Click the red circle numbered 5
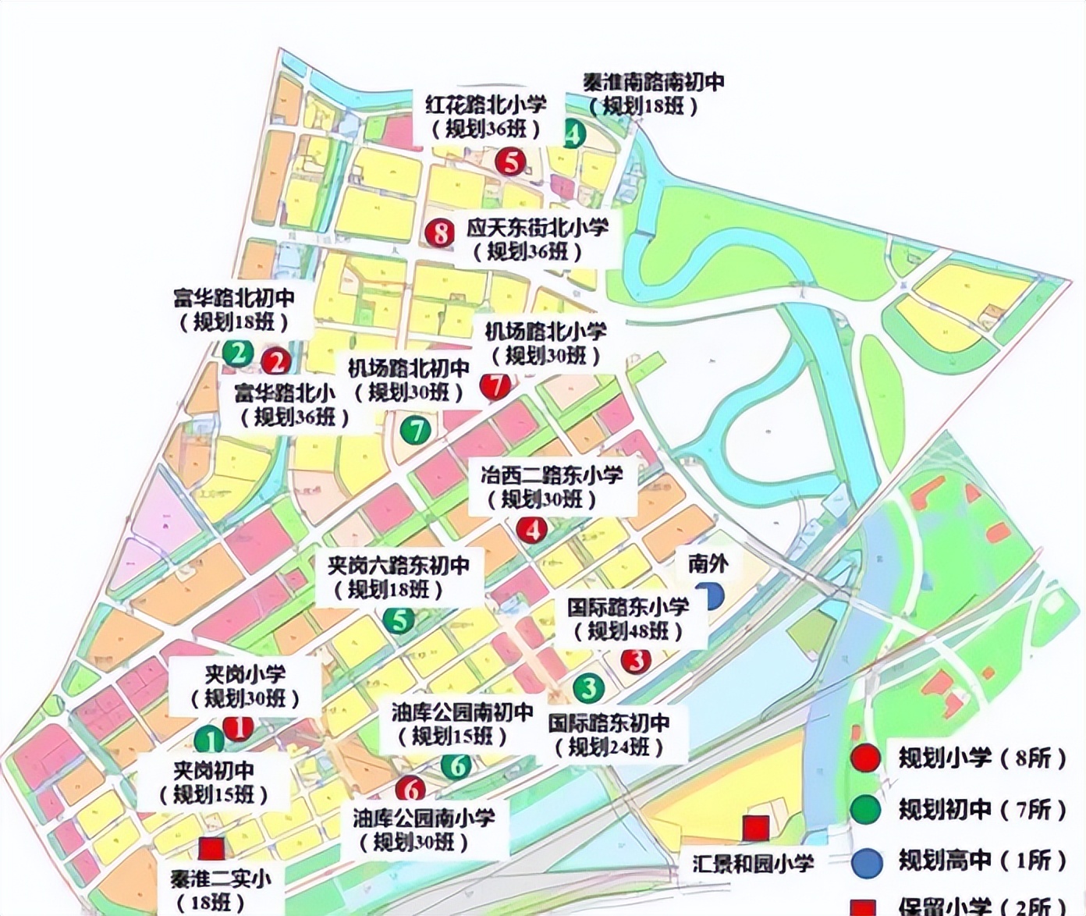[511, 162]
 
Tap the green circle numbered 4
[574, 134]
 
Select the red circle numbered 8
[441, 232]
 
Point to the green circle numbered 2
[238, 353]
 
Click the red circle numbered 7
[495, 385]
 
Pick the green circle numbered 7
[416, 429]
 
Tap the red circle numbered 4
[532, 531]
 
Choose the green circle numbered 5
[399, 620]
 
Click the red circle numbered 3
[636, 661]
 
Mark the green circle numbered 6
[457, 765]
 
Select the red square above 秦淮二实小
[211, 848]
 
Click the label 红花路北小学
[485, 105]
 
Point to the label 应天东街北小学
[538, 228]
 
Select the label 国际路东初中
[609, 723]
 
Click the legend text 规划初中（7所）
[981, 809]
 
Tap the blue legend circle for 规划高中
[867, 862]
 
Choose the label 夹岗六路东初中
[398, 565]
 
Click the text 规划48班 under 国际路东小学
[628, 631]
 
